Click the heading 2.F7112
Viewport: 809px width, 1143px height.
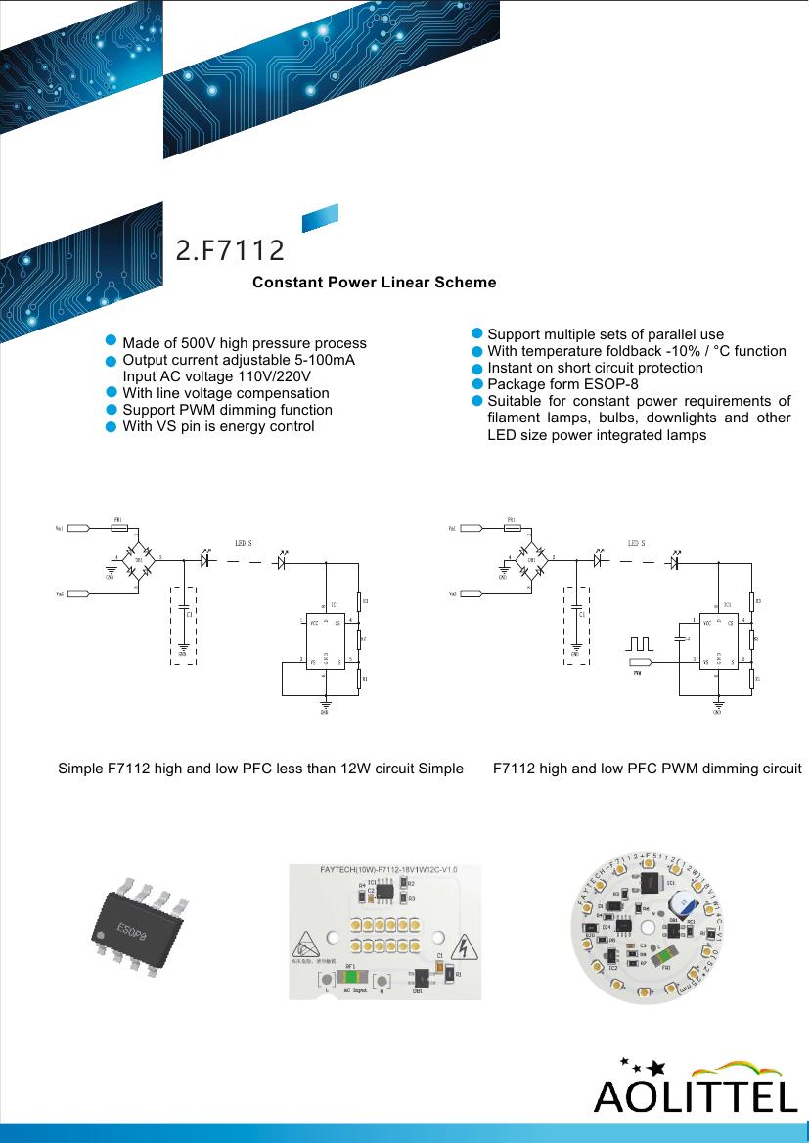(x=230, y=251)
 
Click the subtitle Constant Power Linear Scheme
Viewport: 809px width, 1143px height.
(x=374, y=283)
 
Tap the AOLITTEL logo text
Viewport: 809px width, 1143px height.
(x=696, y=1096)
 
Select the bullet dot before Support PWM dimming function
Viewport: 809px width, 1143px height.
(x=112, y=410)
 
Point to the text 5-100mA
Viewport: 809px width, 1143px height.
(x=324, y=360)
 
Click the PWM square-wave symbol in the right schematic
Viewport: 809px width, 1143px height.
(x=641, y=646)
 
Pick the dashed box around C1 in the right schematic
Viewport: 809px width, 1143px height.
(x=576, y=626)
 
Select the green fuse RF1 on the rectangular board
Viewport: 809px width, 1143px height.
(x=351, y=977)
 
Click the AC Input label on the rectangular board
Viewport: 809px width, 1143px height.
(x=359, y=990)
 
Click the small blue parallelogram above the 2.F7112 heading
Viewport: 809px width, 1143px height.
(x=319, y=217)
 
